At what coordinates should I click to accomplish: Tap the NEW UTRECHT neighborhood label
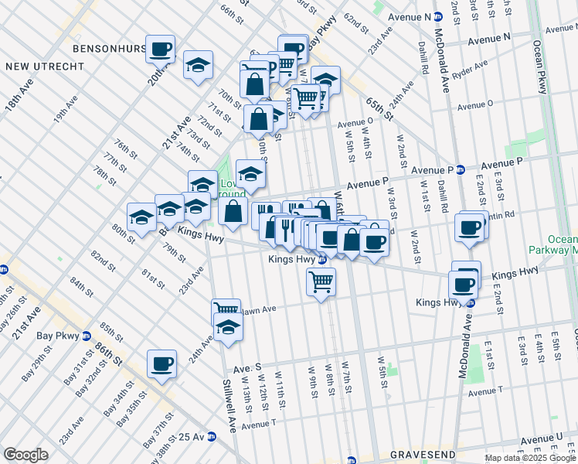(44, 67)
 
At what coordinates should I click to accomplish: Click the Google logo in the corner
(25, 455)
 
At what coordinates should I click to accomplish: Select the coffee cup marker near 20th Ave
(161, 49)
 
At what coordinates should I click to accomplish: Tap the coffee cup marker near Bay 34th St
(161, 363)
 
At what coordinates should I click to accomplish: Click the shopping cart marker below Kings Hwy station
(321, 281)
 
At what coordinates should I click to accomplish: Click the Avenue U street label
(542, 439)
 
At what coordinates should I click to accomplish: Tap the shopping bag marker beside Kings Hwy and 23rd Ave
(233, 211)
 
